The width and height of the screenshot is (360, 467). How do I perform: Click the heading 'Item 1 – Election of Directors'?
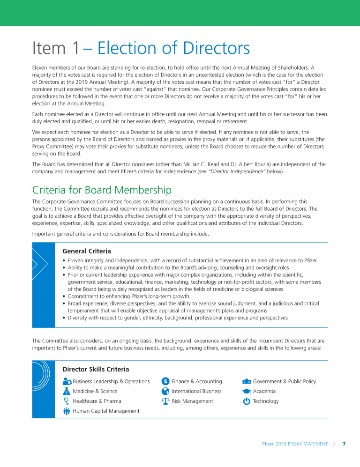[141, 48]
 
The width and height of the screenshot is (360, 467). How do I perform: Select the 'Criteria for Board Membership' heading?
[102, 190]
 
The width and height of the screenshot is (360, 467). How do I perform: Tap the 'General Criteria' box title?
[87, 251]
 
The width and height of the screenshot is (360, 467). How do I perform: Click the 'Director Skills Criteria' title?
[96, 370]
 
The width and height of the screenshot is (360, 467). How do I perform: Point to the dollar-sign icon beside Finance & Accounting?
[165, 381]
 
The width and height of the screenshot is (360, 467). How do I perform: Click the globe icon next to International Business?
[165, 391]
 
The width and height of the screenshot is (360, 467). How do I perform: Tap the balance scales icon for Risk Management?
[165, 401]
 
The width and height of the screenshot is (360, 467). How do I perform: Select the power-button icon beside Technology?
[247, 401]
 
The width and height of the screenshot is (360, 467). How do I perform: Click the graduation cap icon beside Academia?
[247, 391]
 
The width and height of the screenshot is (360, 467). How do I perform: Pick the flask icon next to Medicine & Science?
[66, 391]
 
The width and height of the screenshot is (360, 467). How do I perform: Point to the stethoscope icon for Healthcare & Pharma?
[66, 401]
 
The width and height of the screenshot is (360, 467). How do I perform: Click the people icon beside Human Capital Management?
[66, 411]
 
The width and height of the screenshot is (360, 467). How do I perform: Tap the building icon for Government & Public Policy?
[247, 381]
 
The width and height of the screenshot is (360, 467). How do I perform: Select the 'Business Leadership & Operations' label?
[111, 381]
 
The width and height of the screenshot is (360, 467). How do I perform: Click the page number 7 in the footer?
[344, 444]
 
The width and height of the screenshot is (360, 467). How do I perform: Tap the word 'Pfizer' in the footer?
[268, 444]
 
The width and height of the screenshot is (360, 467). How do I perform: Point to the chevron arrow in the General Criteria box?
[39, 264]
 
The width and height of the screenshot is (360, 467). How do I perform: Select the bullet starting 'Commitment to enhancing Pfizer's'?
[128, 296]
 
